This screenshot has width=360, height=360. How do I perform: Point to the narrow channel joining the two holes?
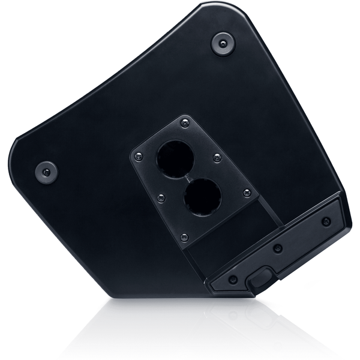pyautogui.click(x=188, y=178)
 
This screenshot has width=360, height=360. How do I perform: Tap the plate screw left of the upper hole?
pyautogui.click(x=139, y=157)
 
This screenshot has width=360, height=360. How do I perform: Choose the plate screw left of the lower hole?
pyautogui.click(x=160, y=196)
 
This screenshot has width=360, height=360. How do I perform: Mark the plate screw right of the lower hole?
pyautogui.click(x=247, y=193)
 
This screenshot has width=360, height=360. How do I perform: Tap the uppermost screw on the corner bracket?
pyautogui.click(x=326, y=221)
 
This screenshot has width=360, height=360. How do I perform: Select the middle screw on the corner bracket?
pyautogui.click(x=277, y=248)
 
